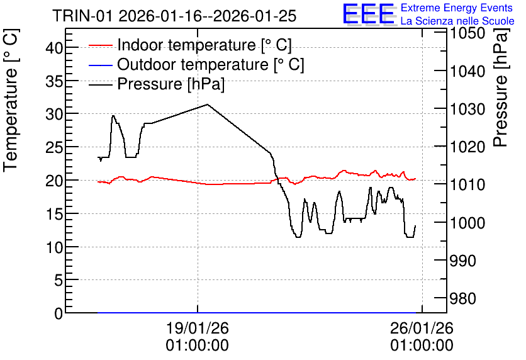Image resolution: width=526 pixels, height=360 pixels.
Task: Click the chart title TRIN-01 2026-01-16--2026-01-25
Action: tap(174, 16)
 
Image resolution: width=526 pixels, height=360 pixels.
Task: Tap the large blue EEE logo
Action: tap(369, 14)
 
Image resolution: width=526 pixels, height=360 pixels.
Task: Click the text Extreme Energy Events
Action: tap(457, 8)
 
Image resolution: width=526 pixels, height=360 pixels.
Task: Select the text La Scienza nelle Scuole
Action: tap(457, 21)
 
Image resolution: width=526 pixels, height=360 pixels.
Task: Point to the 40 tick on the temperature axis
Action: tap(54, 48)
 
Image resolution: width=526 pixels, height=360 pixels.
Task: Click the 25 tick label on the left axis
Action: tap(54, 147)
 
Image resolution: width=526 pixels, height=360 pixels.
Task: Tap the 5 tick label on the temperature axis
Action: tap(59, 280)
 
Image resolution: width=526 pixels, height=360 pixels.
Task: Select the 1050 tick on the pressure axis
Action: tap(467, 33)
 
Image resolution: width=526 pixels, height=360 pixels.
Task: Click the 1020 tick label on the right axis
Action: tap(467, 147)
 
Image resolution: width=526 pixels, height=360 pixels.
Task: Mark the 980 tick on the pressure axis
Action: tap(462, 298)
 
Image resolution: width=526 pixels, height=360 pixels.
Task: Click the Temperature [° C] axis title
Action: tap(11, 100)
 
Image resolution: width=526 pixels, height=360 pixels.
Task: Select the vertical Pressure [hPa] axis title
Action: tap(501, 87)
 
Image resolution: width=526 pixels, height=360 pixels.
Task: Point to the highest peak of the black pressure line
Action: tap(207, 104)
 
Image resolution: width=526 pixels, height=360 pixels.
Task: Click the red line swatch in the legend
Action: tap(100, 45)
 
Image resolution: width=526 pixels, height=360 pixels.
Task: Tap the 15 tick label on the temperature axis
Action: tap(54, 214)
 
